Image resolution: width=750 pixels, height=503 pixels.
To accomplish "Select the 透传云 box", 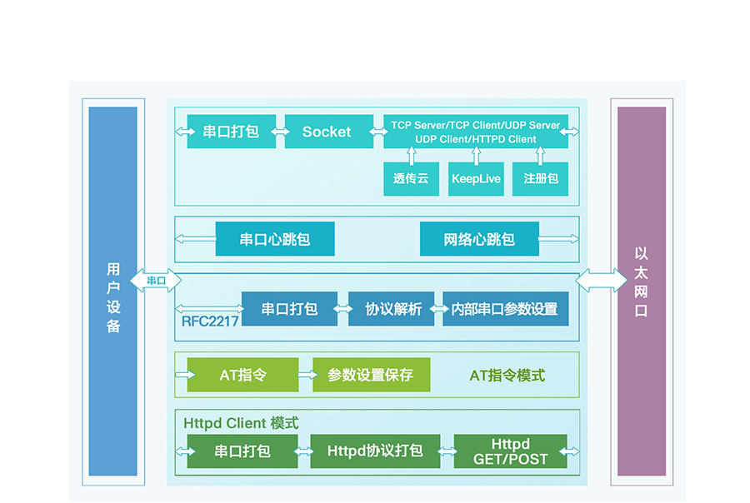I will pos(411,178).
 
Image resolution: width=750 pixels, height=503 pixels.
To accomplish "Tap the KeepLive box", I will pos(476,178).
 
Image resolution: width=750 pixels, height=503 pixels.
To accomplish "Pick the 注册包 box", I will pos(540,178).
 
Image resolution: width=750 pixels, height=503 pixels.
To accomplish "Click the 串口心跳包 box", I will pos(275,239).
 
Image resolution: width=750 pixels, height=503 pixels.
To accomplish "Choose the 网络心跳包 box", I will pos(479,239).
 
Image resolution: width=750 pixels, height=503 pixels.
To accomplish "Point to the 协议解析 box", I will pos(392,309).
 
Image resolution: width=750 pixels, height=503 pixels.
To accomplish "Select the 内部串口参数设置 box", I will pos(505,309).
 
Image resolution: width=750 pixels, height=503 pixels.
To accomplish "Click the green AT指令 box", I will pos(242,375).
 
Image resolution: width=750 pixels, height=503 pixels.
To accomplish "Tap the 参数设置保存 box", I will pos(371,375).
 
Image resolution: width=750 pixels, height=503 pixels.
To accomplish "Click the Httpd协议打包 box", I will pos(375,451).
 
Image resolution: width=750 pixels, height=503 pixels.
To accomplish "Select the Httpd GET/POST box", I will pos(510,451).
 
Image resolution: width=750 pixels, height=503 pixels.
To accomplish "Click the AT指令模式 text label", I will pos(507,376).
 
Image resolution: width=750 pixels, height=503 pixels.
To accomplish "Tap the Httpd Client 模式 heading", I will pos(241,423).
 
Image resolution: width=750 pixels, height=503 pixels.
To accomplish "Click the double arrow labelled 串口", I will pos(156,281).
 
